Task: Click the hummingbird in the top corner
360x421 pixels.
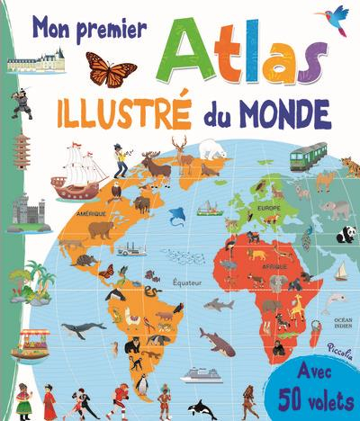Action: coord(337,15)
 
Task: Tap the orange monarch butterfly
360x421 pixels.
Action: coord(111,67)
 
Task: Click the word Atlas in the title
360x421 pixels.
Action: coord(242,58)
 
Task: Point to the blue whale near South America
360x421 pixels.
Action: coord(84,329)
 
